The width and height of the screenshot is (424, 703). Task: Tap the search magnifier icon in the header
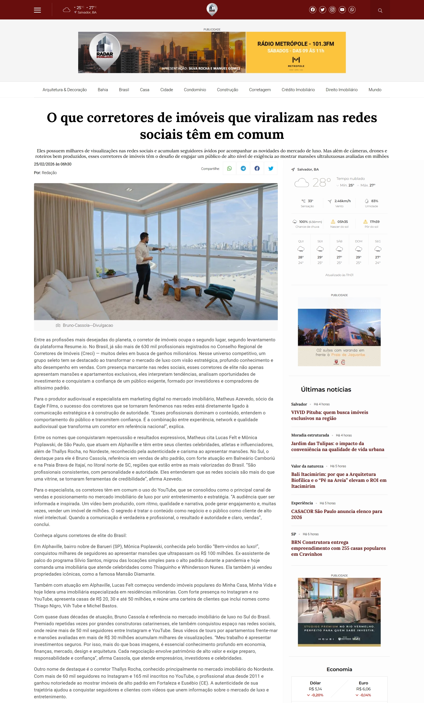pos(380,11)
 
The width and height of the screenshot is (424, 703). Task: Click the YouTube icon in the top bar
pos(342,10)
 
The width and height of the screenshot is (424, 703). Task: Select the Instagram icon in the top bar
pos(332,10)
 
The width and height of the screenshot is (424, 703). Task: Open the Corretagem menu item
pos(260,90)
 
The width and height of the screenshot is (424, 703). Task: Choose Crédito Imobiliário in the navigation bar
pos(298,90)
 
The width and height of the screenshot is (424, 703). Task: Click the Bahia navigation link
pos(103,90)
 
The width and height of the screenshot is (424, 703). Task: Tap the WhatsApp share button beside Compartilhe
pos(229,169)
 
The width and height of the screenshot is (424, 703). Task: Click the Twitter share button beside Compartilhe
pos(271,169)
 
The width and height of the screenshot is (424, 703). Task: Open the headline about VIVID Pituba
pos(329,415)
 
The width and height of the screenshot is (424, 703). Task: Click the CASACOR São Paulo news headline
pos(336,514)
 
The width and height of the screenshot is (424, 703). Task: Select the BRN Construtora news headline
pos(338,548)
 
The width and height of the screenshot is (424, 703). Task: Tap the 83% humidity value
pos(375,201)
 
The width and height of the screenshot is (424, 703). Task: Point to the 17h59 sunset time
pos(375,222)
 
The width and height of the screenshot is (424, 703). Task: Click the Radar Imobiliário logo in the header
pos(212,10)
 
